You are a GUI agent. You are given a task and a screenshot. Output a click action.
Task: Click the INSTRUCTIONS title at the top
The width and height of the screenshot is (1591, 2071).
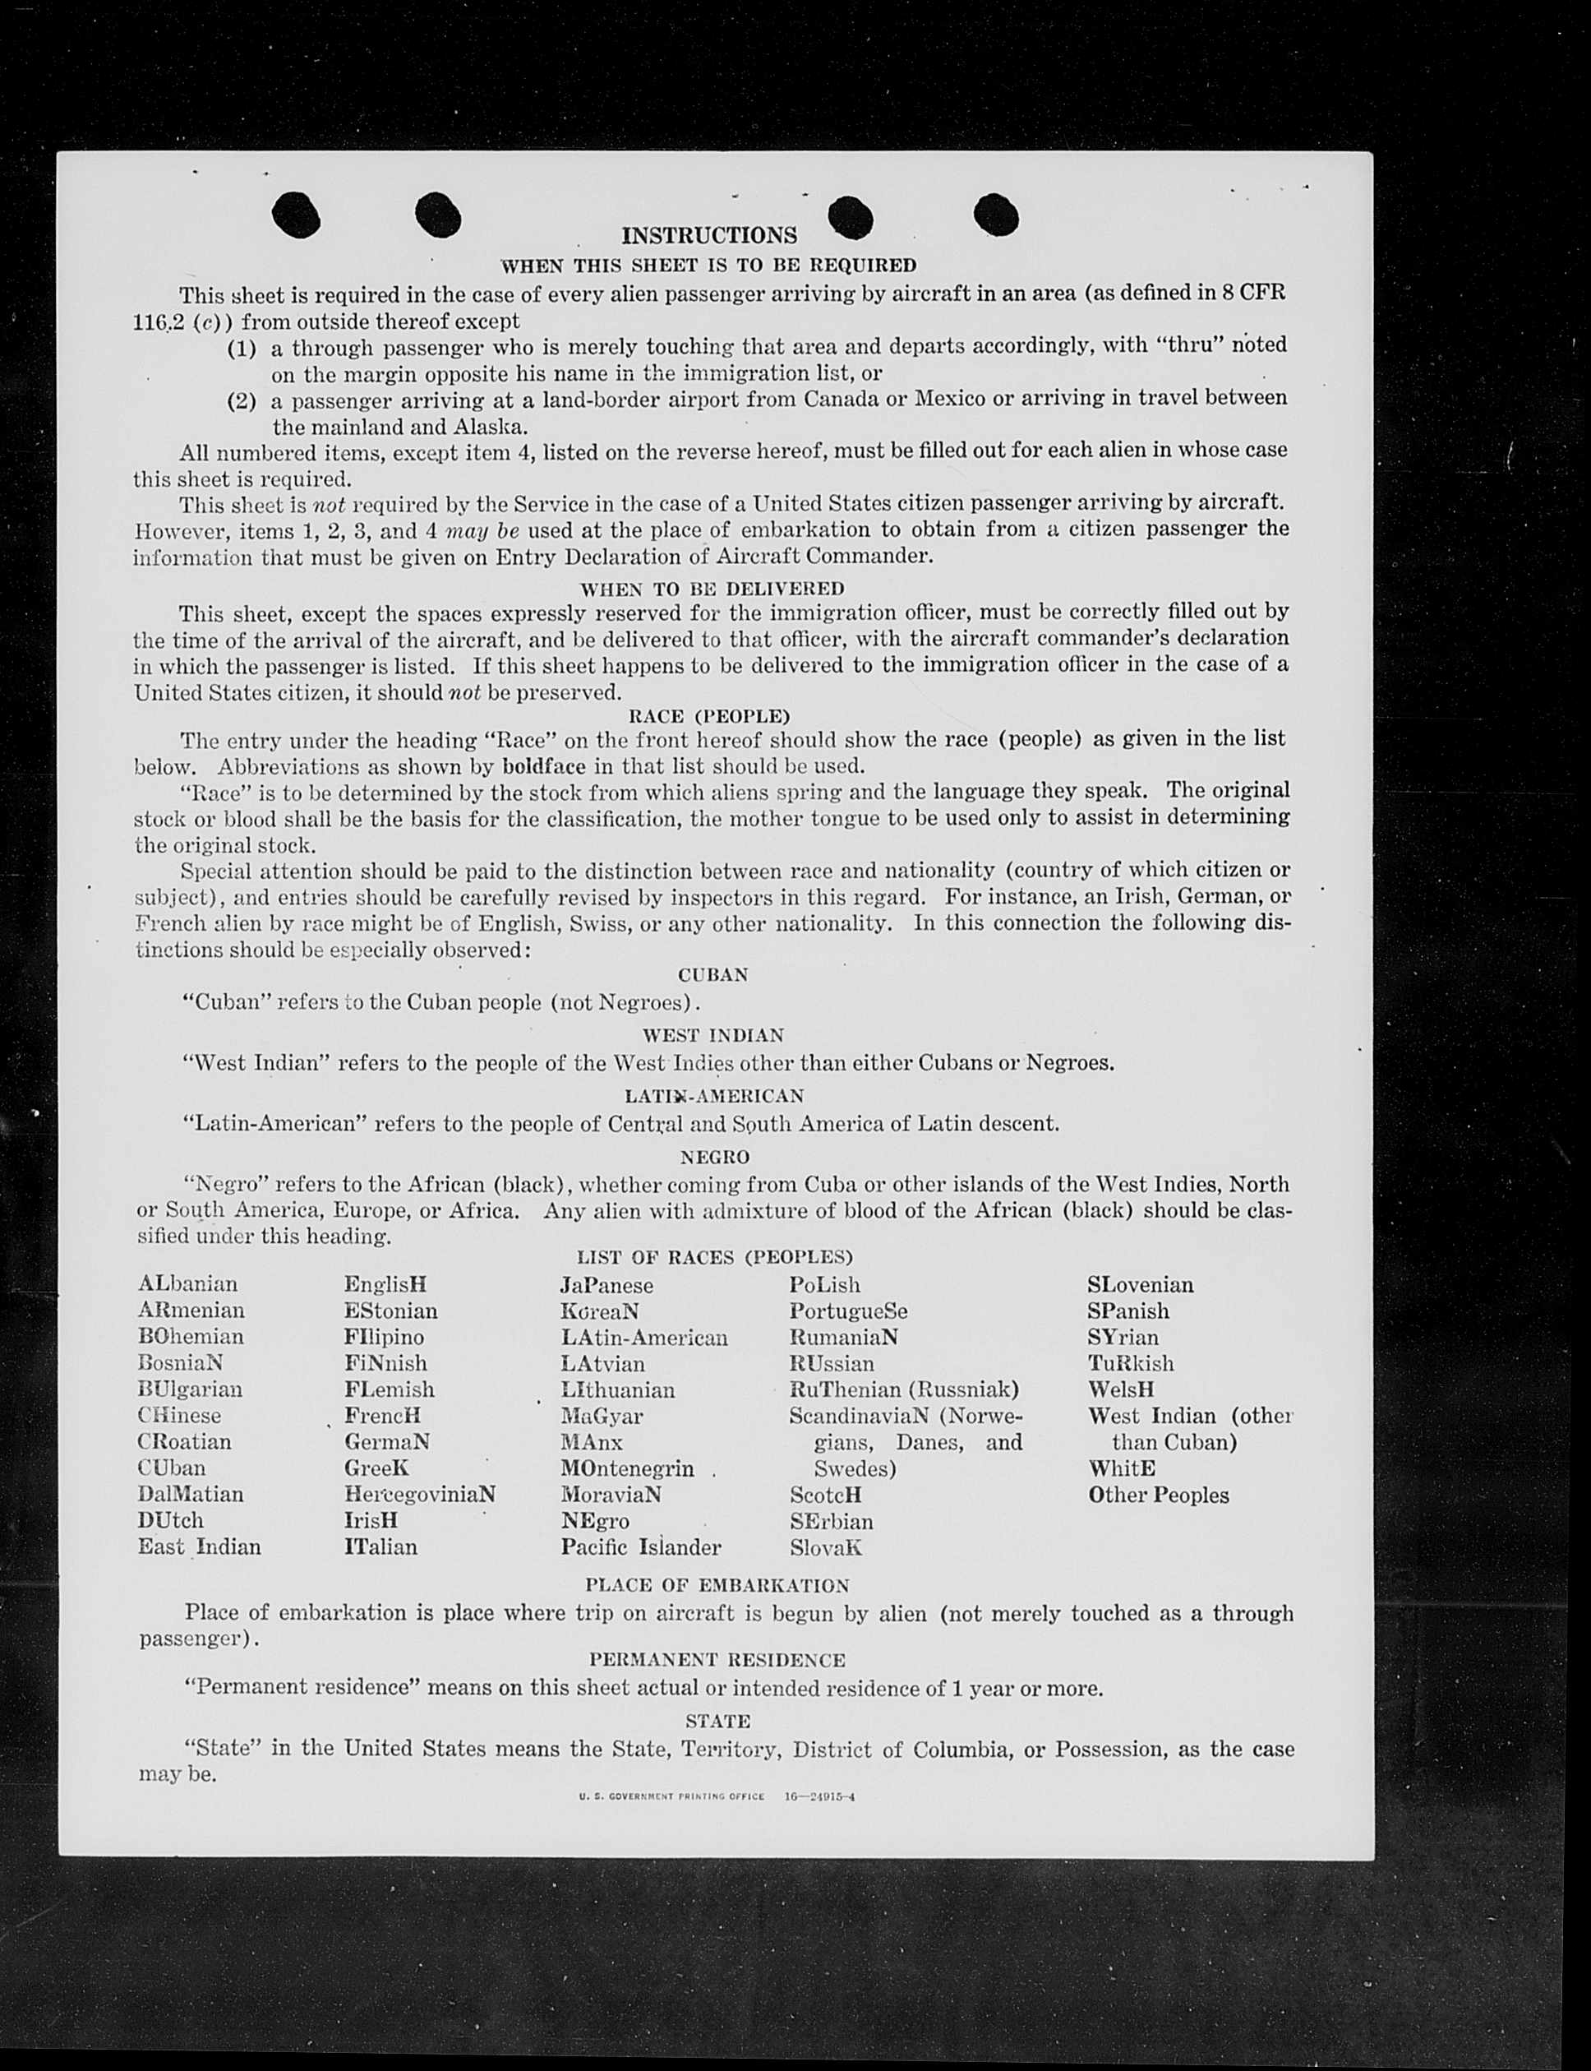point(708,236)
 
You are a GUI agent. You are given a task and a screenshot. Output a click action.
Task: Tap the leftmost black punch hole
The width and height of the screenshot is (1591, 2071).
point(296,215)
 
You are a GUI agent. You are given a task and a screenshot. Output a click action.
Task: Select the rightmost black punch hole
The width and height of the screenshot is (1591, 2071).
point(995,213)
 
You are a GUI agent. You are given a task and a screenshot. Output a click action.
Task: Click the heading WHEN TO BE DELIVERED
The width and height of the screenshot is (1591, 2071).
point(712,589)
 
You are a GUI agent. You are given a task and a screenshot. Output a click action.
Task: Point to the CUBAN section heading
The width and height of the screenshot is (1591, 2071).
point(713,975)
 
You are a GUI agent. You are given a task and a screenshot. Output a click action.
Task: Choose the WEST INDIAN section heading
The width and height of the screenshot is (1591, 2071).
point(713,1036)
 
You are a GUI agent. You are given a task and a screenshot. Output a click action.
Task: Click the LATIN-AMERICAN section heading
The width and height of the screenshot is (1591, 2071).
point(714,1096)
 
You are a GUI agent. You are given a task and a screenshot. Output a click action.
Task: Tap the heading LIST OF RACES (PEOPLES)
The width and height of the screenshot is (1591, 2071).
point(715,1257)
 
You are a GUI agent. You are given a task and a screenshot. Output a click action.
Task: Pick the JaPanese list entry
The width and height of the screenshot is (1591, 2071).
point(606,1286)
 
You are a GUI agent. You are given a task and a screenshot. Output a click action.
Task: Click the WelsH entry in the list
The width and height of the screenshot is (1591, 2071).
point(1121,1389)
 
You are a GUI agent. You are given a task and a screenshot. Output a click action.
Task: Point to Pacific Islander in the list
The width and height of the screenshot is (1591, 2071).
point(640,1547)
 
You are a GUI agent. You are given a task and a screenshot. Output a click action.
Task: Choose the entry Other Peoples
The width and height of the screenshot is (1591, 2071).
point(1158,1495)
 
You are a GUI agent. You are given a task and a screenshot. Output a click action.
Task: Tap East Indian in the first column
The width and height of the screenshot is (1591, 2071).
point(199,1547)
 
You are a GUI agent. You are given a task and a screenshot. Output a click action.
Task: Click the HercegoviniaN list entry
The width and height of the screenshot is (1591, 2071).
point(420,1494)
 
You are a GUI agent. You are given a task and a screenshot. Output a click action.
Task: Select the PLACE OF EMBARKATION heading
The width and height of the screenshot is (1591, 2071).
point(717,1586)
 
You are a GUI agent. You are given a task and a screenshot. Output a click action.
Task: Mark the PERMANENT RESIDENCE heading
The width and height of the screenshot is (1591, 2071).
point(717,1660)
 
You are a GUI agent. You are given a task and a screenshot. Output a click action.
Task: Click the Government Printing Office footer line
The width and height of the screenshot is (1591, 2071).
point(717,1796)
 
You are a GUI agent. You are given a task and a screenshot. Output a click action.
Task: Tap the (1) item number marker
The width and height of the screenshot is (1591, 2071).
point(242,348)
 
